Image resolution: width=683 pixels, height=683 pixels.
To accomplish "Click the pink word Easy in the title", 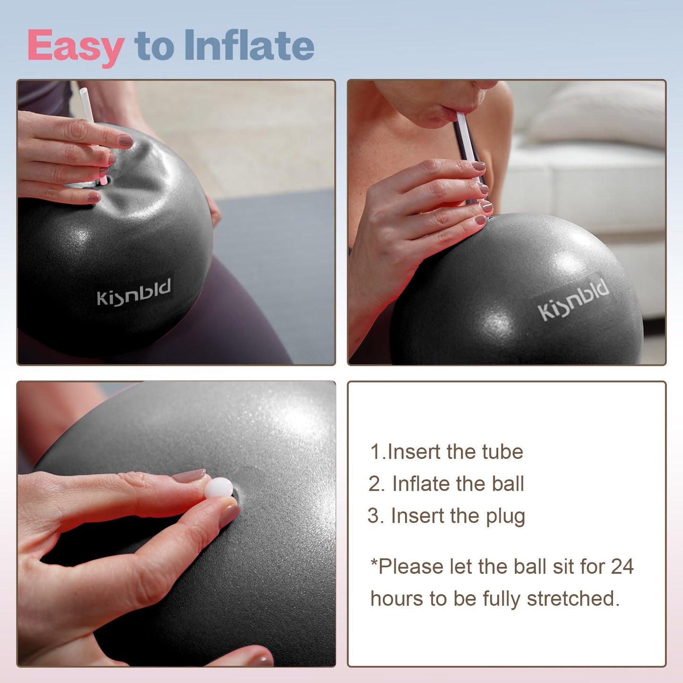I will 76,46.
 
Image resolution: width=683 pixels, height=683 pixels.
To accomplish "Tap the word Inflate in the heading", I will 249,45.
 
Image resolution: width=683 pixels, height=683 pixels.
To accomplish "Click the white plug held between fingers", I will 218,487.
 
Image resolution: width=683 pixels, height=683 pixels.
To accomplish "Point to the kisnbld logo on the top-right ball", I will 573,300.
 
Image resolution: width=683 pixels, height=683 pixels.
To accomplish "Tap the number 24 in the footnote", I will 622,566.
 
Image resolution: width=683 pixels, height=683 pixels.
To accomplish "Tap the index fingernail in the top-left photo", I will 126,140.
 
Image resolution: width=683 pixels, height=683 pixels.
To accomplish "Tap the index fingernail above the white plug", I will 189,476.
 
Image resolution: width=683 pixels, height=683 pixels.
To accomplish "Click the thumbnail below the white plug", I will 229,515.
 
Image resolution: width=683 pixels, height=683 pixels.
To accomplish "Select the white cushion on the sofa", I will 600,114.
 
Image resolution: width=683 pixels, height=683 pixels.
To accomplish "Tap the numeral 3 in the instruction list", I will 373,516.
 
